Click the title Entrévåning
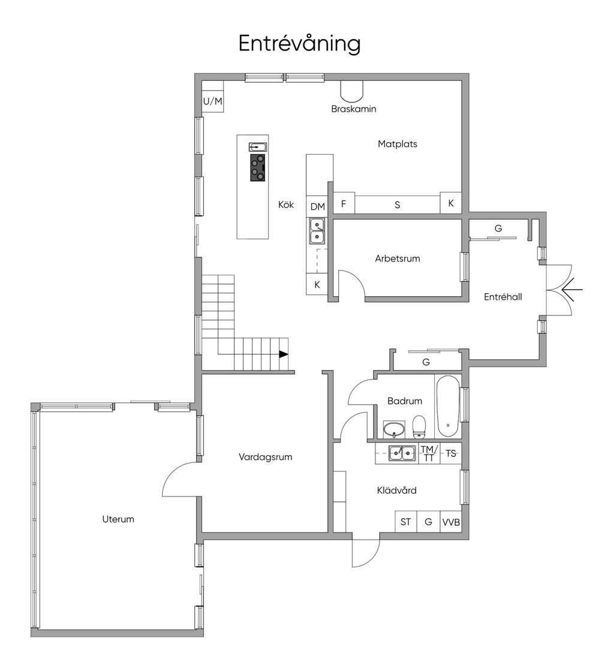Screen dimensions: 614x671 coord(299,43)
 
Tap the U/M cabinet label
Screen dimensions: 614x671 coord(213,101)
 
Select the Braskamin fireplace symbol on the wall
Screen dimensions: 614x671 coord(351,89)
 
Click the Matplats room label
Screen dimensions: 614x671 coord(397,144)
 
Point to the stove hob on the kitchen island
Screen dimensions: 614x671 coord(258,167)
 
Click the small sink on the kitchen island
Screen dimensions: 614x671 coord(258,147)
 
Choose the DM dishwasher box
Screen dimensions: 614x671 coord(317,206)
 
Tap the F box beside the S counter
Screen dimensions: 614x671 coord(344,204)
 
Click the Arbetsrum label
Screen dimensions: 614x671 coord(397,258)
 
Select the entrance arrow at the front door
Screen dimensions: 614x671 coord(572,290)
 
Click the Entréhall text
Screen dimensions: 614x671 coord(502,297)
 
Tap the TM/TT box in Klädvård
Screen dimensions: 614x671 coord(429,453)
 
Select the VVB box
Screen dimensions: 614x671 coord(451,522)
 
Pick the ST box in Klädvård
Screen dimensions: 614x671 coord(405,522)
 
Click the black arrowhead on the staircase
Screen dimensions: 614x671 coord(284,354)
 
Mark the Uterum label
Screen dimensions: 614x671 coord(118,519)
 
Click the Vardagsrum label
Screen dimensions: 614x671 coord(265,457)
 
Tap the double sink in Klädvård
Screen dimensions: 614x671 coord(402,453)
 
